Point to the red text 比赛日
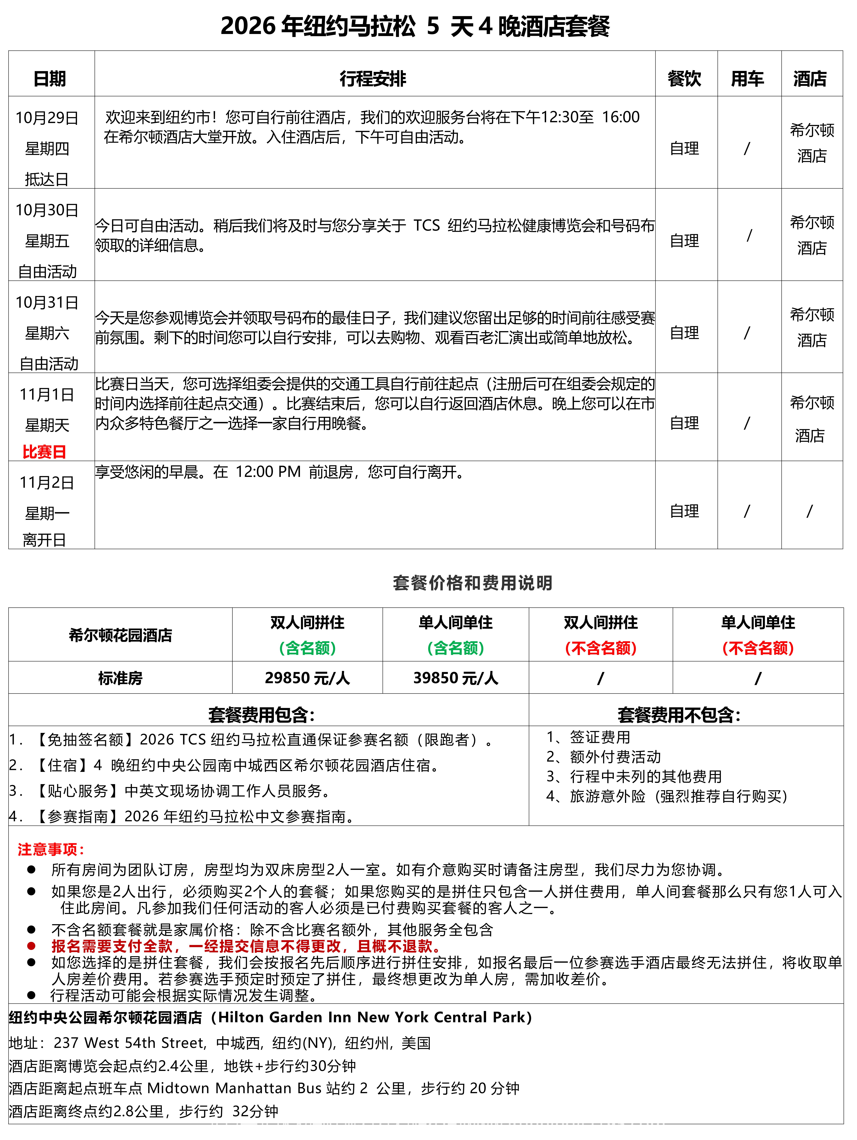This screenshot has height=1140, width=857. (x=44, y=452)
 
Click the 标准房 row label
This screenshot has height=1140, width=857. (x=120, y=678)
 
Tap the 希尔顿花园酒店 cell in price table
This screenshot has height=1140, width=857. (x=120, y=635)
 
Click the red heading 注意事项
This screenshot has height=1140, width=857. (x=51, y=849)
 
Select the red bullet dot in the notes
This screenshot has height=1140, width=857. (x=31, y=946)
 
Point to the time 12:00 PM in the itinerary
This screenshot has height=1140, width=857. (x=268, y=472)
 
